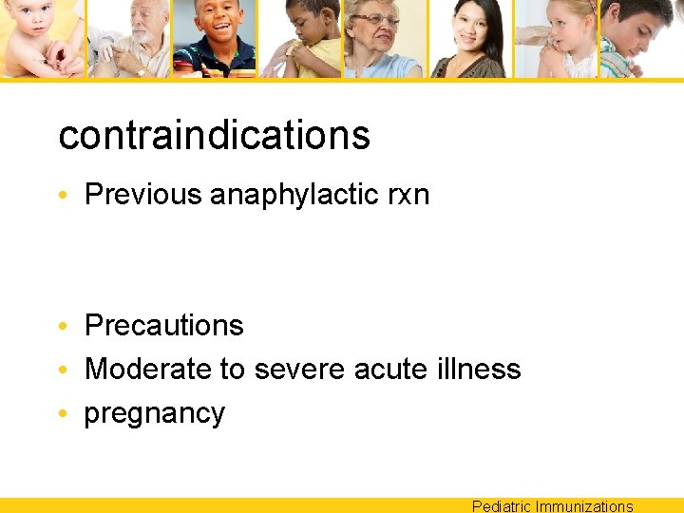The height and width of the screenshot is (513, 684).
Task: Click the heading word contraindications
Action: point(214,135)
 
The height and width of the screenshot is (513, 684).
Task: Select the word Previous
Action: point(143,195)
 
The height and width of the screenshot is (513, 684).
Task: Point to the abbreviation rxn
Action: point(408,196)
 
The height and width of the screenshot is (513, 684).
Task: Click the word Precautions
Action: point(164,326)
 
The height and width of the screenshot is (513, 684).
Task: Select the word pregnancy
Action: point(155,414)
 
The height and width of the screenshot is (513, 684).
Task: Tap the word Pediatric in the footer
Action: point(501,506)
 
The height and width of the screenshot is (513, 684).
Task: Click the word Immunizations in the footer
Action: point(584,506)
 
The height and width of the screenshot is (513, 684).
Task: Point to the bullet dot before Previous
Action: point(63,196)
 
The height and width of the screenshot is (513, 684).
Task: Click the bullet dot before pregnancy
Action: point(63,414)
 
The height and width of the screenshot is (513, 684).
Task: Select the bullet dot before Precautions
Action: point(63,327)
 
